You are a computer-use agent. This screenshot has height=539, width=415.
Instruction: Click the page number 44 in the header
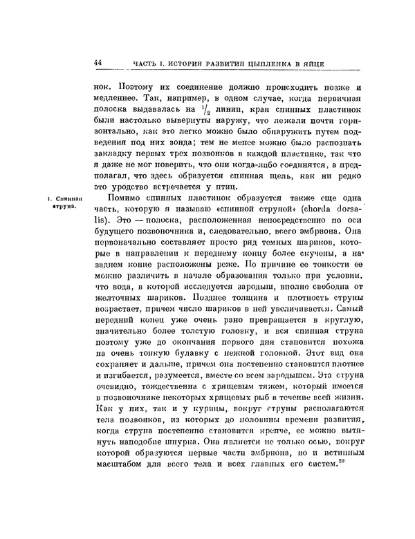pos(98,63)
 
